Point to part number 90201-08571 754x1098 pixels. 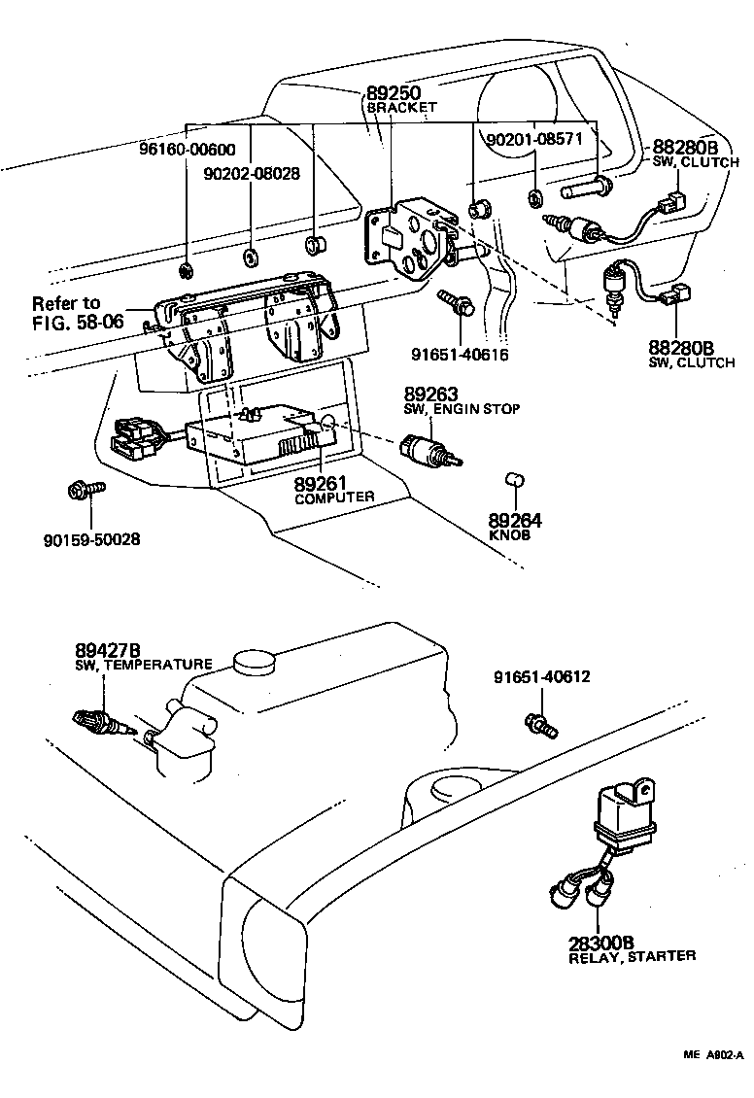[533, 139]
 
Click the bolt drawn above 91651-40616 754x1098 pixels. [454, 301]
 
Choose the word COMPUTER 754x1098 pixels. [334, 497]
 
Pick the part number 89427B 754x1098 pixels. [108, 650]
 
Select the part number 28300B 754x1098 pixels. [601, 942]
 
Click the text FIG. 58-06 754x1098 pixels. [78, 321]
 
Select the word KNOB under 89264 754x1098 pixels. [511, 534]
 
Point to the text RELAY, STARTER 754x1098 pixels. [632, 956]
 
